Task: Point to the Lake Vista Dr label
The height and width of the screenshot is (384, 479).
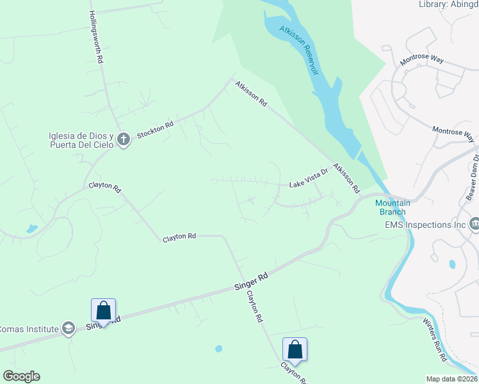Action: coord(309,179)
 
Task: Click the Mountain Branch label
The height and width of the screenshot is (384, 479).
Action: coord(393,207)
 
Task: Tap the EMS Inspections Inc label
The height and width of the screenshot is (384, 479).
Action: coord(425,225)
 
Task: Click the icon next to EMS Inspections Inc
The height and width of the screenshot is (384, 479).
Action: coord(475,224)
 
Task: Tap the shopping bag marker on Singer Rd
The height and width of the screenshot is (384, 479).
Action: coord(104,311)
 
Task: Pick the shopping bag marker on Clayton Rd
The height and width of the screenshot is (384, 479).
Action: coord(295,349)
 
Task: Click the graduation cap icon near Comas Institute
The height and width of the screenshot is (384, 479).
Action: coord(68,329)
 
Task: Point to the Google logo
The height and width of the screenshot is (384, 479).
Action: coord(21,376)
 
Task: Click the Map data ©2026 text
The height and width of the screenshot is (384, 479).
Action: coord(452,379)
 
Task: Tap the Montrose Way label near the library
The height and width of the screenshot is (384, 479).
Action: coord(421,60)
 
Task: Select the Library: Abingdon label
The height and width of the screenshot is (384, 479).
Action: coord(448,4)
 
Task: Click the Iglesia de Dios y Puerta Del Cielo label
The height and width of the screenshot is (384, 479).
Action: coord(81,140)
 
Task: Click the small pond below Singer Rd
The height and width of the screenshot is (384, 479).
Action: coord(218,349)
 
